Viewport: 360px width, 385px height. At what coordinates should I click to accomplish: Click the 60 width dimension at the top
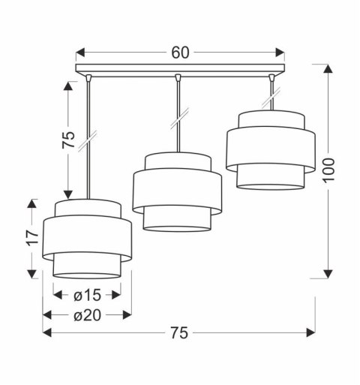pyautogui.click(x=180, y=53)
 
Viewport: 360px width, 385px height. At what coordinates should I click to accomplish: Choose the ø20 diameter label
pyautogui.click(x=87, y=314)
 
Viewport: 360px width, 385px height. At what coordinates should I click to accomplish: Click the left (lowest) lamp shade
pyautogui.click(x=87, y=239)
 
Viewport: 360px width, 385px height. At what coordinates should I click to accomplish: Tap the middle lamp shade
pyautogui.click(x=177, y=191)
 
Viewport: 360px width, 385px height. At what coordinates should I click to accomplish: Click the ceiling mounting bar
pyautogui.click(x=180, y=70)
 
